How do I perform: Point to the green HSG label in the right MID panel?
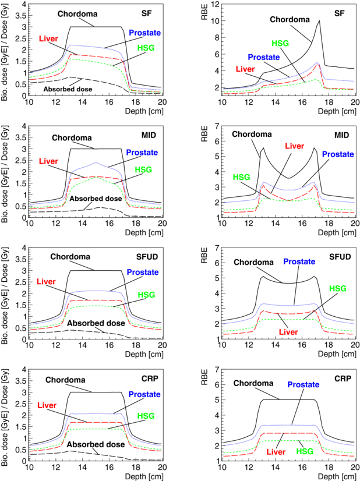click(244, 176)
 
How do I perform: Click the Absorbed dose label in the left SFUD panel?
click(94, 323)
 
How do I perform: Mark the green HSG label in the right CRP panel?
click(304, 451)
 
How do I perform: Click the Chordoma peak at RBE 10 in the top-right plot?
click(320, 21)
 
